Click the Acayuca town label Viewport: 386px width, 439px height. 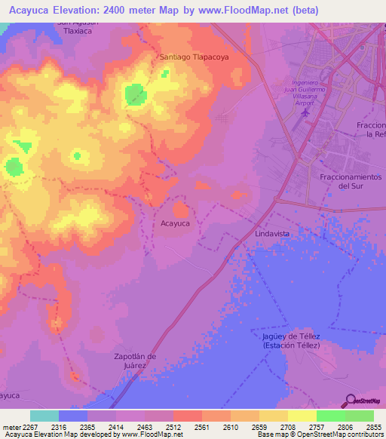coord(176,223)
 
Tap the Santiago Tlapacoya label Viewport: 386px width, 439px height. coord(194,57)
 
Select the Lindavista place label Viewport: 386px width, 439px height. coord(272,235)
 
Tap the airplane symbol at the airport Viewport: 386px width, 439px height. coord(305,113)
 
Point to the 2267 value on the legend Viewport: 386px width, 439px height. coord(31,427)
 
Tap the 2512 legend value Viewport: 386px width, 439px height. coord(173,427)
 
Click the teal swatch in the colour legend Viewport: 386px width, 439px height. coord(44,416)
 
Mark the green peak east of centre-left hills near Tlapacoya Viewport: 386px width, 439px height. coord(136,94)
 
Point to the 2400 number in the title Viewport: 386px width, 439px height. coord(138,10)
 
